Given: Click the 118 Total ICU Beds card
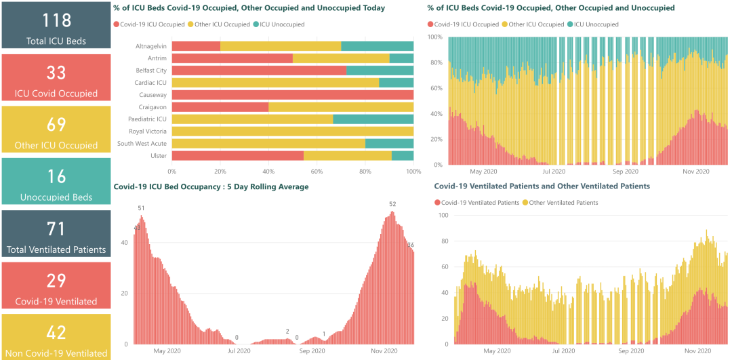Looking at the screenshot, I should point(56,25).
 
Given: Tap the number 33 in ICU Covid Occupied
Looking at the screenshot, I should point(56,72).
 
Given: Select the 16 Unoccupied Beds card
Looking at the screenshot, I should point(56,181).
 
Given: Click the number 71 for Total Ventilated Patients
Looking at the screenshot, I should point(56,228).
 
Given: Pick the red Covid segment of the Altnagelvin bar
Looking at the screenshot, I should point(196,46).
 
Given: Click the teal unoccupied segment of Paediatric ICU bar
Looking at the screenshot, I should point(373,119).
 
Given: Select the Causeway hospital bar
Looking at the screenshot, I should point(293,95).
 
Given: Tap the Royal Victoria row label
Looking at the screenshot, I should point(148,132).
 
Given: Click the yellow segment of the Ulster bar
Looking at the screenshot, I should point(348,156).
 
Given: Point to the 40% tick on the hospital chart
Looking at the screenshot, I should point(268,172).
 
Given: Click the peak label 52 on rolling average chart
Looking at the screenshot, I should point(392,204).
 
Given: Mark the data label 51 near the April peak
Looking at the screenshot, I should point(141,208).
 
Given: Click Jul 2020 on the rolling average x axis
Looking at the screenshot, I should point(239,351).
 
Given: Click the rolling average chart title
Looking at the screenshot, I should point(211,186).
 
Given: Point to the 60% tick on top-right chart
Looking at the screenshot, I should point(438,88).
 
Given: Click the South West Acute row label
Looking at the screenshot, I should point(142,144).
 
